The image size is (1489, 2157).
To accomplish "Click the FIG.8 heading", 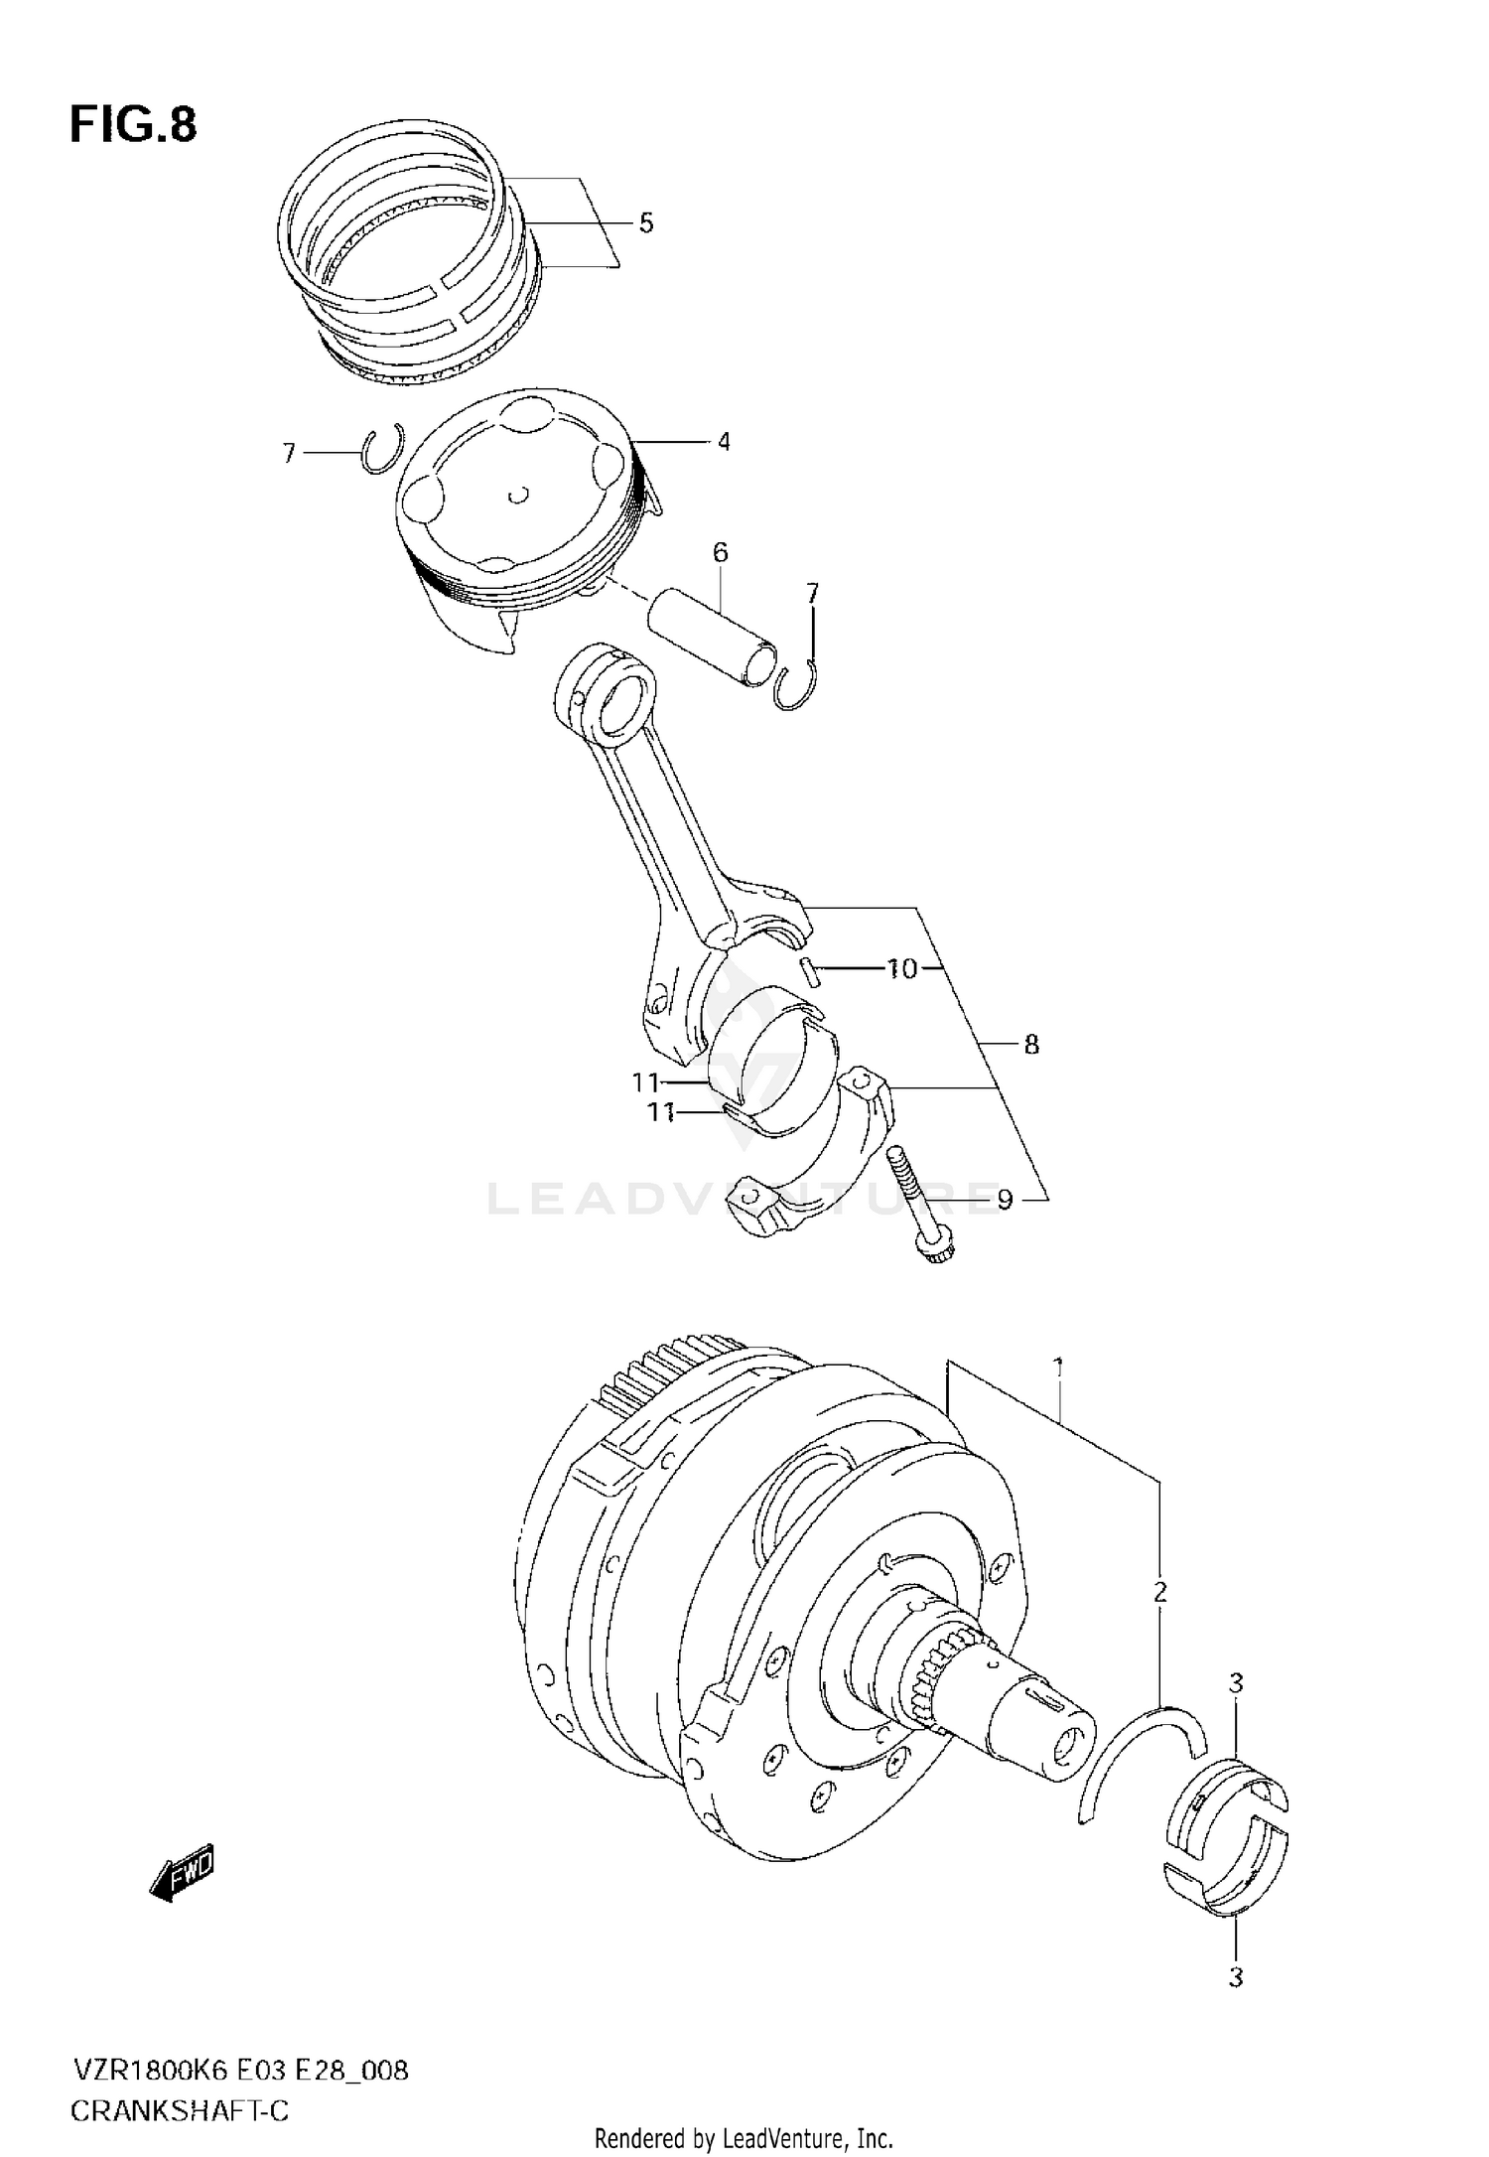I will point(133,126).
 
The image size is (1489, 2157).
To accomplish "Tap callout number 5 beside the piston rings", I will point(646,223).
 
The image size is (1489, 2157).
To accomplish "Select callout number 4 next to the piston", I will point(724,441).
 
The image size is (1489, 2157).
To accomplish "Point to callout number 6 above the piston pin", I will point(721,552).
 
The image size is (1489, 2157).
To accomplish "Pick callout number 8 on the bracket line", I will point(1031,1045).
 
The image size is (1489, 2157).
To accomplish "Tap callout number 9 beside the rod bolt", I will point(1005,1202).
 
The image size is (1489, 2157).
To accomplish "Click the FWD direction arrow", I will point(183,1875).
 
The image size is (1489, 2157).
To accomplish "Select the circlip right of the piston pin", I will point(795,685).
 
